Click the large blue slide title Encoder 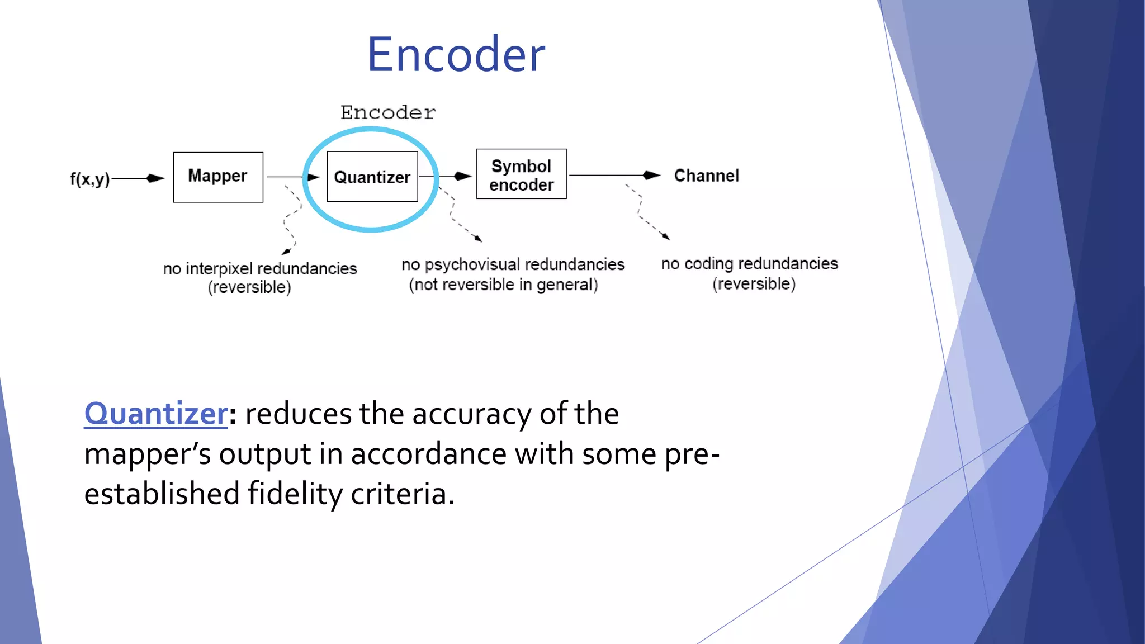tap(456, 54)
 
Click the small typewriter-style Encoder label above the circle tap(388, 112)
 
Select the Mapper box tap(218, 177)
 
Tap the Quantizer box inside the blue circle tap(372, 177)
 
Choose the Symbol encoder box tap(521, 174)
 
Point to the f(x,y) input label tap(89, 179)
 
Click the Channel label tap(706, 176)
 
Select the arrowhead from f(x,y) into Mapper tap(155, 178)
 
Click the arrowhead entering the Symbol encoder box tap(463, 176)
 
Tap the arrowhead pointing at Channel tap(651, 175)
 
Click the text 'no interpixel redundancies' tap(260, 268)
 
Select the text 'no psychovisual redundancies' tap(513, 264)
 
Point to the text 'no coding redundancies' tap(749, 263)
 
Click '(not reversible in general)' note tap(503, 285)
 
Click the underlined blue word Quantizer tap(156, 414)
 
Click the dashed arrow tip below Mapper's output tap(286, 252)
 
